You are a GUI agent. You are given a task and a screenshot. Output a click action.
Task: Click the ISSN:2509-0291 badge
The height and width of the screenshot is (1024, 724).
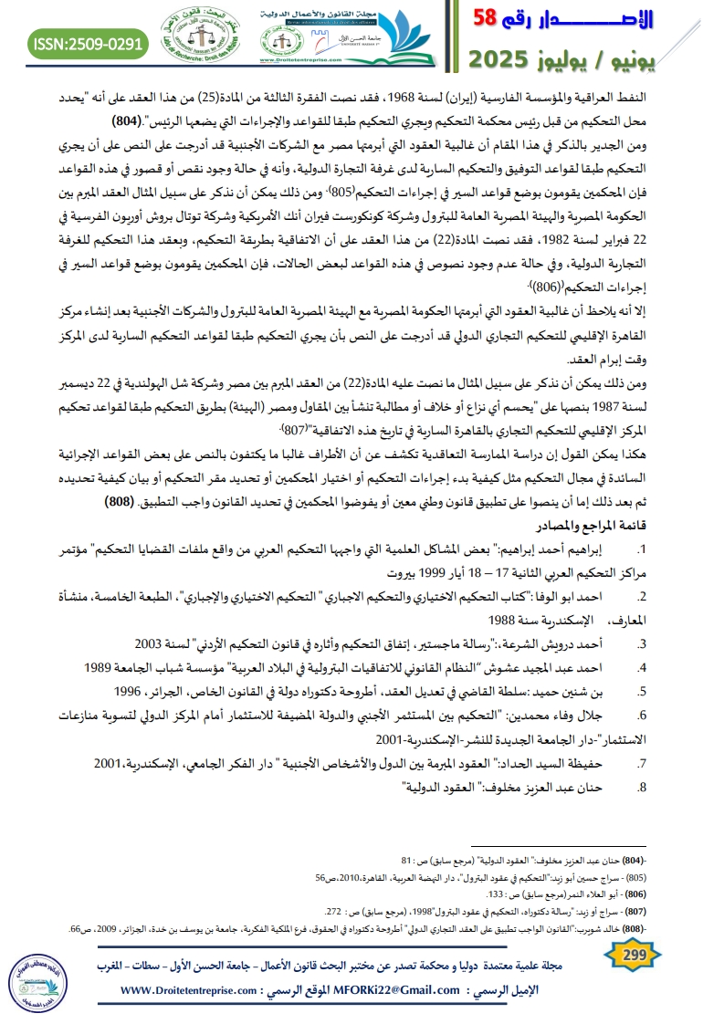[88, 41]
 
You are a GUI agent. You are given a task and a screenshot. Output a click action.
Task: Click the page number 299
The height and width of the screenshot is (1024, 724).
[632, 955]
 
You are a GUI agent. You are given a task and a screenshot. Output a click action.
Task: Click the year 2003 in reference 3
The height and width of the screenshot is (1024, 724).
[152, 642]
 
